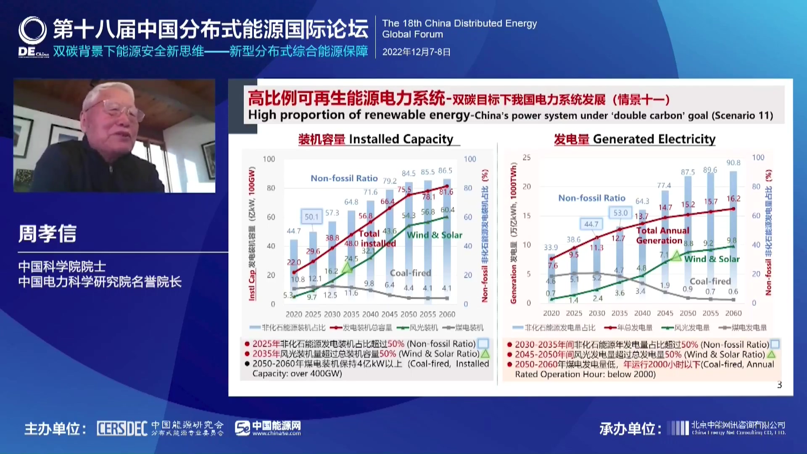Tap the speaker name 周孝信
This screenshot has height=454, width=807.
click(x=47, y=234)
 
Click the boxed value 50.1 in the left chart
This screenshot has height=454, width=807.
click(x=311, y=216)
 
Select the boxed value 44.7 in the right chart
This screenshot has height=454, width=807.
click(x=591, y=224)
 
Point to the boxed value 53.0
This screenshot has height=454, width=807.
click(x=620, y=213)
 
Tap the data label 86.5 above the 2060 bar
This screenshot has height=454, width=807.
click(x=445, y=171)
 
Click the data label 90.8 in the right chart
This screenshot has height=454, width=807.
click(x=733, y=163)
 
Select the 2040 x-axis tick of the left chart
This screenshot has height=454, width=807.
click(x=370, y=314)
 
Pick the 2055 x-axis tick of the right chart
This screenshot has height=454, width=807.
click(x=711, y=313)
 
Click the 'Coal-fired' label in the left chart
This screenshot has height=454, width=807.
click(x=410, y=273)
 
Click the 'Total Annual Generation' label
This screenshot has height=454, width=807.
click(x=662, y=235)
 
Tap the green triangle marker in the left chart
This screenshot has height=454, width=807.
click(x=347, y=267)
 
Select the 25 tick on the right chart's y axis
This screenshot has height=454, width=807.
click(x=527, y=158)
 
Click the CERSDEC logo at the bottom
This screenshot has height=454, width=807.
click(x=122, y=428)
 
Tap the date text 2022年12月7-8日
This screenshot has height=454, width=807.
click(x=416, y=52)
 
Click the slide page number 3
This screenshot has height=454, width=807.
click(x=780, y=385)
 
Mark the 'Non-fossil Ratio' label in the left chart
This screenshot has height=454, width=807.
click(x=344, y=178)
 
